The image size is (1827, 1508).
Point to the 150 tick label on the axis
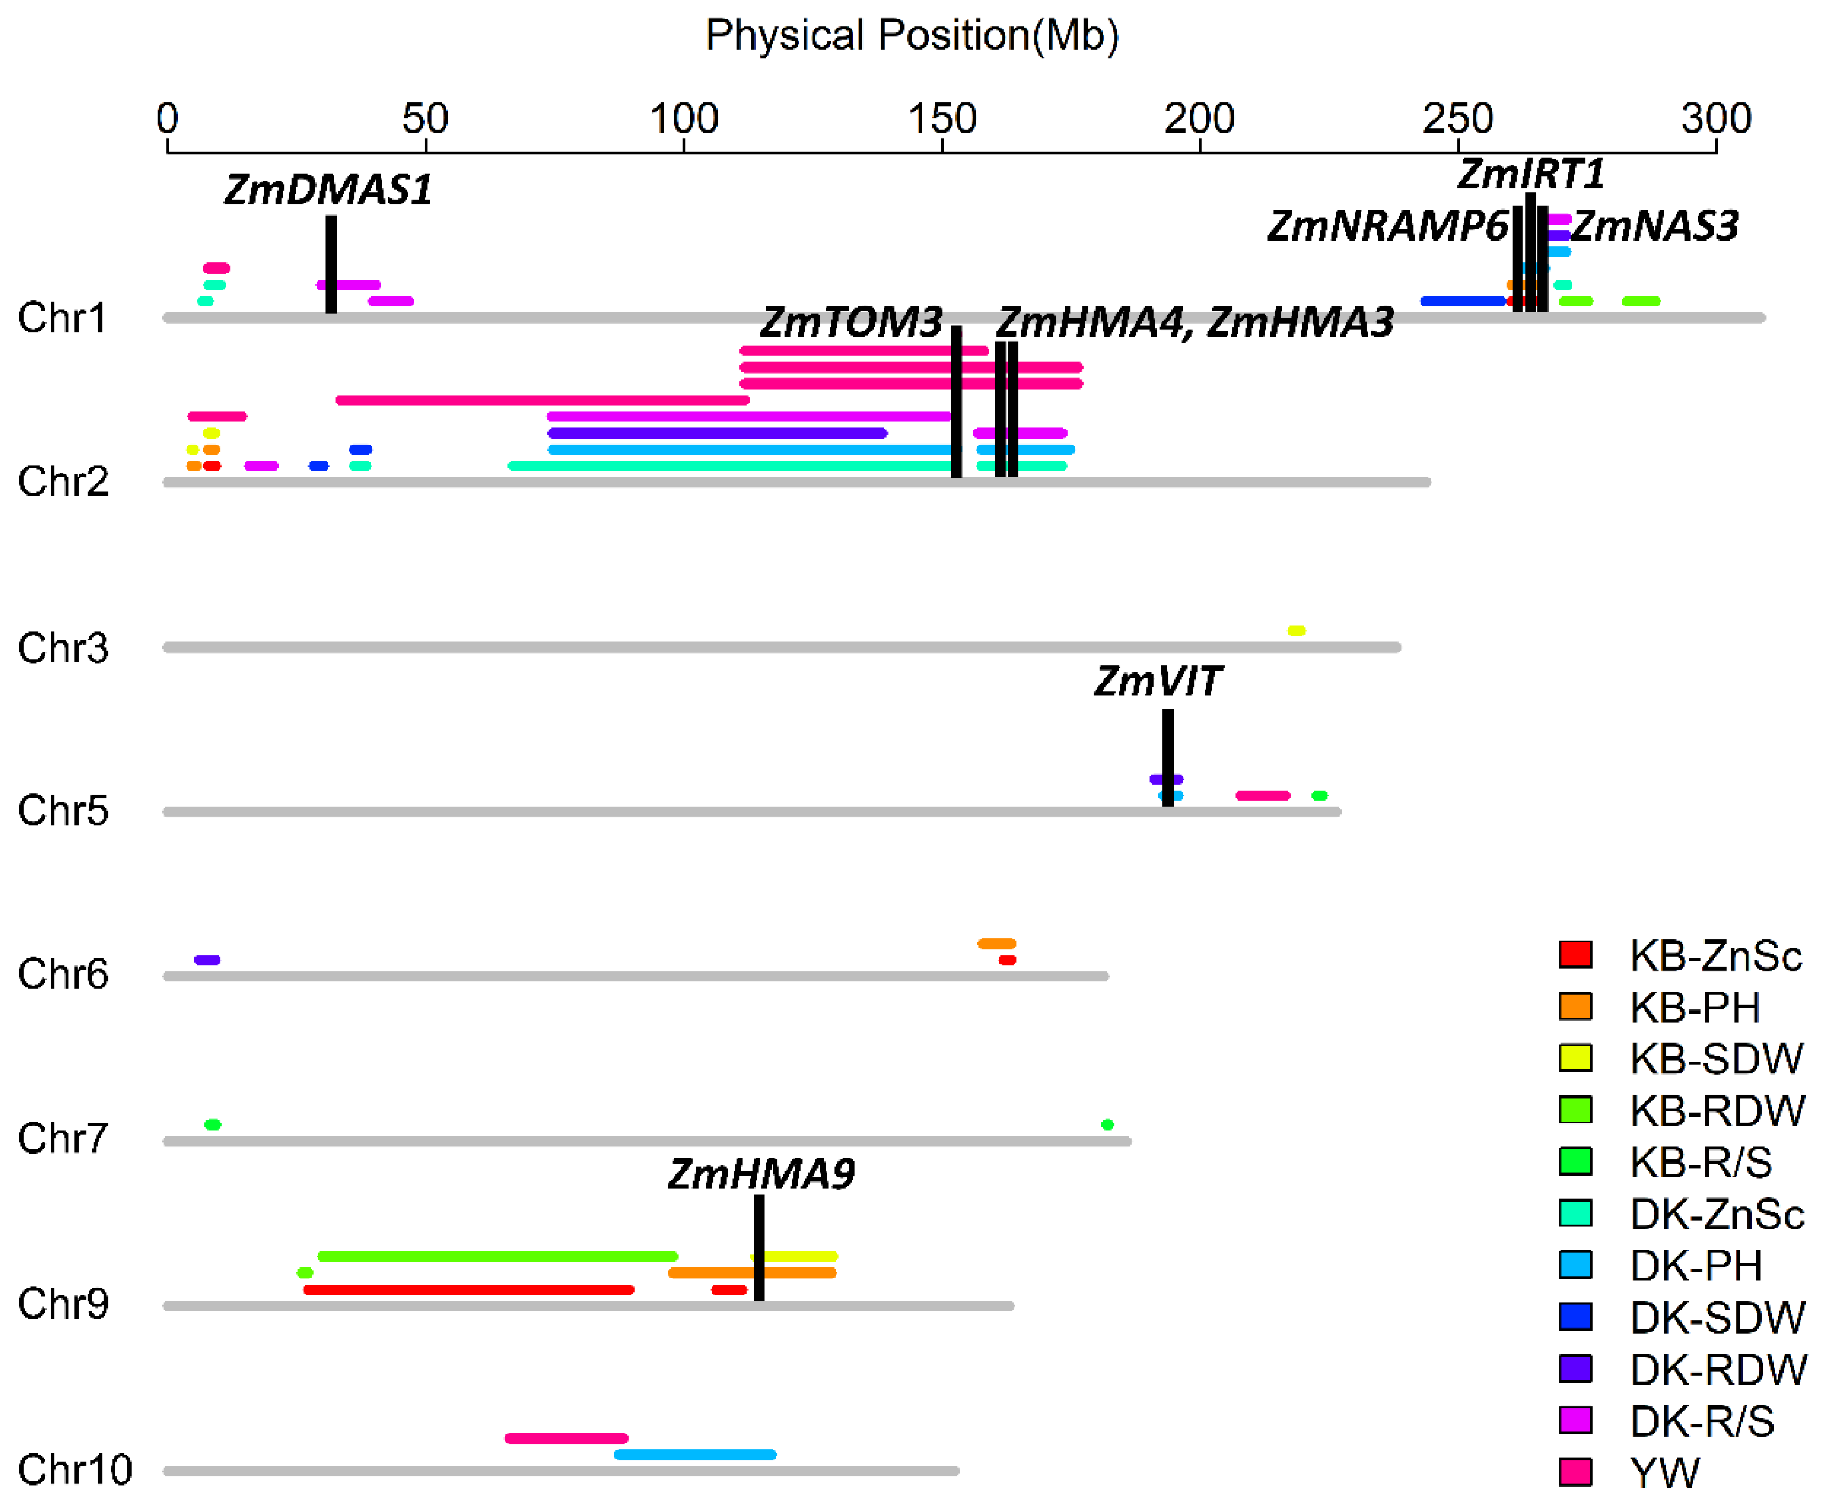(x=942, y=119)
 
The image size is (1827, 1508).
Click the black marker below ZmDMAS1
(x=331, y=265)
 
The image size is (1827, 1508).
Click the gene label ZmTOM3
(x=851, y=323)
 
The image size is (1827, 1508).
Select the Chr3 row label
(x=63, y=648)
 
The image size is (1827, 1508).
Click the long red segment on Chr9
(x=468, y=1290)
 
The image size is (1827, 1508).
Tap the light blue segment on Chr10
(x=695, y=1454)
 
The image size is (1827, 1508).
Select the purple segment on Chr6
(x=207, y=960)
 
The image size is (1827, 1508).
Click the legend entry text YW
(x=1664, y=1472)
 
